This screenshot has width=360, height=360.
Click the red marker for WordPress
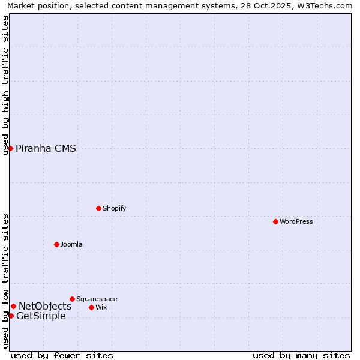point(275,221)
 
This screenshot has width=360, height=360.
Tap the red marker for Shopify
point(98,208)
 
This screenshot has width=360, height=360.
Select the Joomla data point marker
point(56,244)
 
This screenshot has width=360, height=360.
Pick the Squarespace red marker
point(72,299)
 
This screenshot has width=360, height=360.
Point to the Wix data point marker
point(91,307)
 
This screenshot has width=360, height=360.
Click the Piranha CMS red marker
point(10,148)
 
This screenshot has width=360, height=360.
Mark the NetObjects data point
point(13,306)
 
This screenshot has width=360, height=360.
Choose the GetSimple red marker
point(11,316)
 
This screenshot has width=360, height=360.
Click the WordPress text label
point(296,221)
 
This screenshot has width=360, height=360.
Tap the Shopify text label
point(114,208)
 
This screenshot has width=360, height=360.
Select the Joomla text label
point(71,244)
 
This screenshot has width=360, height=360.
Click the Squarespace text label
point(97,299)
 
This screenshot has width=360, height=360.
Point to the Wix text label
point(101,307)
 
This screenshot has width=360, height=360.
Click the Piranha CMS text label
point(46,149)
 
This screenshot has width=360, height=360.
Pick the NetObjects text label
point(45,307)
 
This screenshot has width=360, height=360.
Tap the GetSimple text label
point(41,316)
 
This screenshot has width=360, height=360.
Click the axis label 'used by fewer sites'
point(62,355)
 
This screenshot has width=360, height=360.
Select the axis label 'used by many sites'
point(301,355)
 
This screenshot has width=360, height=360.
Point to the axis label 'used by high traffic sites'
point(6,85)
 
